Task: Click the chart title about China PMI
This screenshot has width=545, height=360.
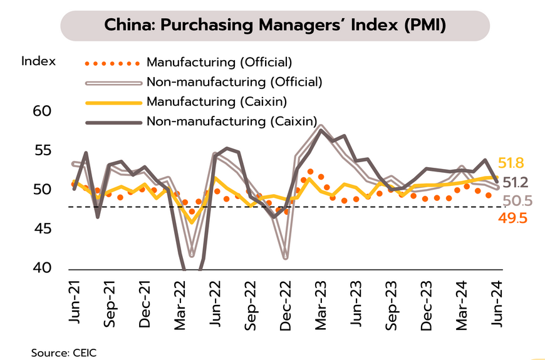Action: tap(276, 26)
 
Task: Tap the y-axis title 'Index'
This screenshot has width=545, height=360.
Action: tap(39, 61)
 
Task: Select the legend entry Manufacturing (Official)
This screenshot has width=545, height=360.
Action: tap(219, 62)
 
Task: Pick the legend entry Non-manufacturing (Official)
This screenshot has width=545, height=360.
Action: tap(234, 81)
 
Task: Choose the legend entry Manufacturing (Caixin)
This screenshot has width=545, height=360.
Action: tap(216, 101)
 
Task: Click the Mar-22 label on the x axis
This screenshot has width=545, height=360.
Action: tap(181, 302)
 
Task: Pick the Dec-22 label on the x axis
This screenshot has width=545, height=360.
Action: tap(288, 302)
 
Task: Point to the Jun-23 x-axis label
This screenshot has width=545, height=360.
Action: tap(358, 302)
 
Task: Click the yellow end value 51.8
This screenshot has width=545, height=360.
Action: tap(511, 163)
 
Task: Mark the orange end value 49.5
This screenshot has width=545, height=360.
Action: tap(511, 217)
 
